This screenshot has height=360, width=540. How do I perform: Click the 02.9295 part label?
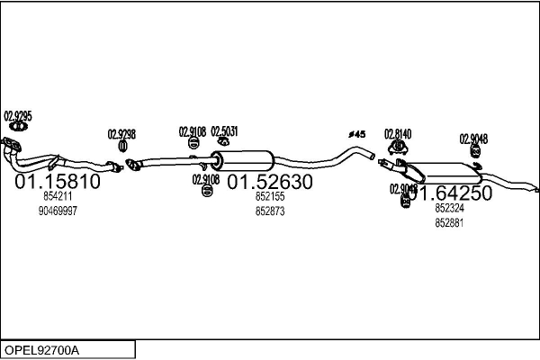click(18, 115)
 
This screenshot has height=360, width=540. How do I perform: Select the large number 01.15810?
click(58, 182)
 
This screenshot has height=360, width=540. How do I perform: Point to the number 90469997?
click(58, 211)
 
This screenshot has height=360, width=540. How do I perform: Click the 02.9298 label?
click(121, 134)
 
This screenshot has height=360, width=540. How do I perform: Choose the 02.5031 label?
click(224, 130)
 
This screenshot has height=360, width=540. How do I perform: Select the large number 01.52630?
click(269, 182)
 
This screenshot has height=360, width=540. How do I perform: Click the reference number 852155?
click(269, 196)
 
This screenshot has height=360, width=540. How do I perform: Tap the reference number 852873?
click(269, 211)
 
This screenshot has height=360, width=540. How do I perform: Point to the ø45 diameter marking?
click(356, 135)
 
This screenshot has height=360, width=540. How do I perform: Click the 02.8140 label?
click(398, 134)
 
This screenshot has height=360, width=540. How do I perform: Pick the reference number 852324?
click(449, 208)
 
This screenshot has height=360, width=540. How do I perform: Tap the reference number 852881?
click(449, 222)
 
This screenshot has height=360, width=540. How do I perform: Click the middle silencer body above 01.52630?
click(241, 160)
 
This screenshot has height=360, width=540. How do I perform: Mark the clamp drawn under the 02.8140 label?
click(396, 146)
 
